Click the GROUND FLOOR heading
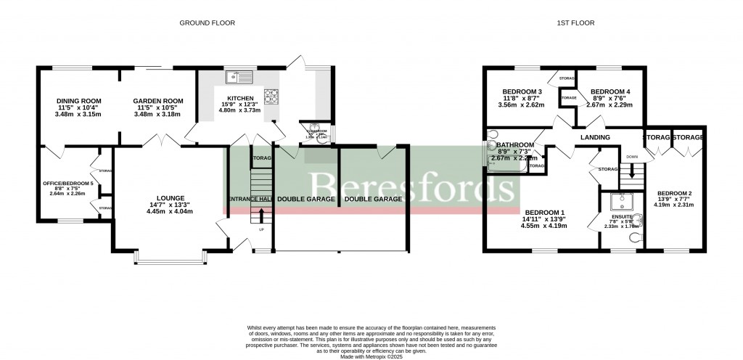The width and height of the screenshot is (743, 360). pos(207,23)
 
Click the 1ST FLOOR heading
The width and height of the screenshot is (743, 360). pos(575,23)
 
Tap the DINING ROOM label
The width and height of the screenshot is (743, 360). pos(79,101)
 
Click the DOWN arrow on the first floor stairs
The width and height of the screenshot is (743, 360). pos(631,172)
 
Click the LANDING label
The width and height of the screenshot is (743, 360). pos(594,137)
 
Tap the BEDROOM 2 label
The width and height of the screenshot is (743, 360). pos(675,192)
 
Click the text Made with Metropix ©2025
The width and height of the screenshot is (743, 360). pos(371,356)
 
